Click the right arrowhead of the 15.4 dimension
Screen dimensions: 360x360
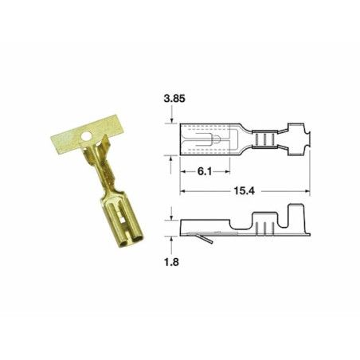click(x=307, y=191)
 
